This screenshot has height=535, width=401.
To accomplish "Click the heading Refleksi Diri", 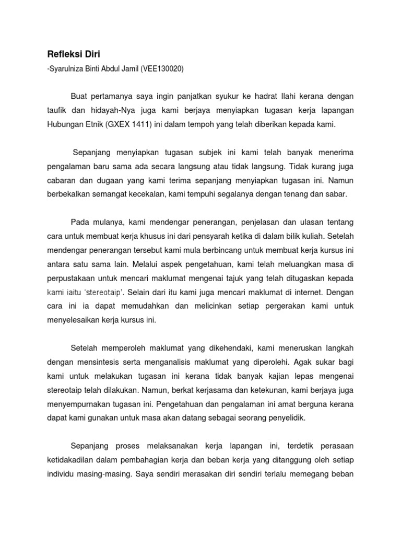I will point(69,54).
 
